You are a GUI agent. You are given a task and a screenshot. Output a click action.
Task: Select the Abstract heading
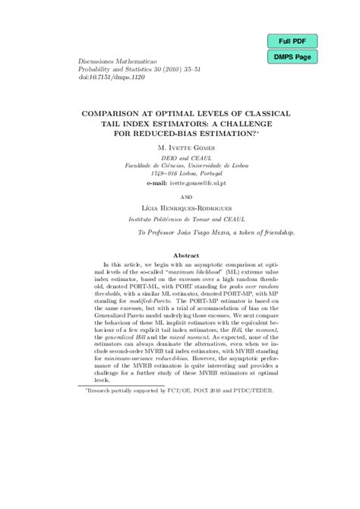180,257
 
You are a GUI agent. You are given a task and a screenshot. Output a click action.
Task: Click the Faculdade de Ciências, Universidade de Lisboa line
180,165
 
